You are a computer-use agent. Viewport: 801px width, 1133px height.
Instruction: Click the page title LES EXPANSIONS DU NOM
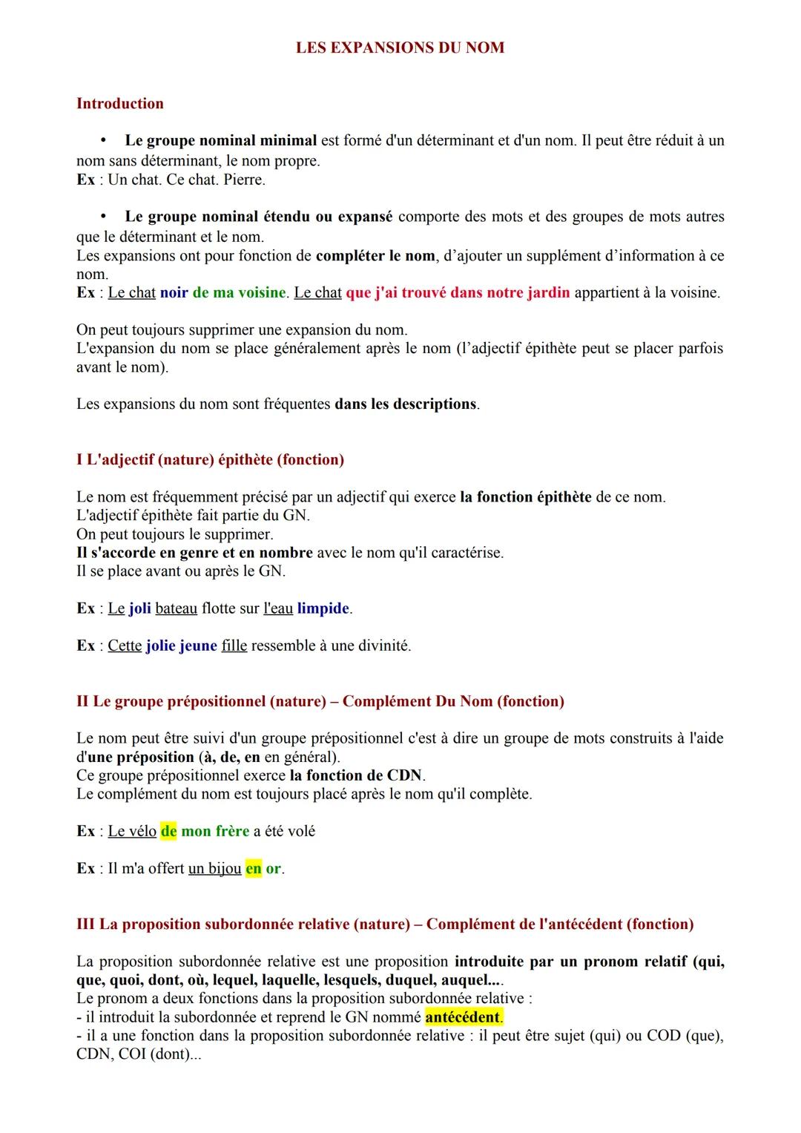coord(400,47)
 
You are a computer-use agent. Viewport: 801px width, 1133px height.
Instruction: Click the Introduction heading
coord(120,103)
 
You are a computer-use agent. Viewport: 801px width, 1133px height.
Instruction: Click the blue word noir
coord(174,292)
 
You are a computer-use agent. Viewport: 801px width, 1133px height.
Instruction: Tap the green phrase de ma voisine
coord(239,292)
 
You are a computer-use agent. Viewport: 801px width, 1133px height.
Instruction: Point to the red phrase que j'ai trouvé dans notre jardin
coord(458,292)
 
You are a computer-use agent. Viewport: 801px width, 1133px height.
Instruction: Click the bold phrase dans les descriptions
coord(406,404)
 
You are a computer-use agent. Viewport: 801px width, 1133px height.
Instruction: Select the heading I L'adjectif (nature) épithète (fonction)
coord(210,459)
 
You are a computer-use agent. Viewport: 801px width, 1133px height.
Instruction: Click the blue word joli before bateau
coord(139,608)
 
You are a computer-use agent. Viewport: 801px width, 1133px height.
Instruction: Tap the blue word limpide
coord(323,608)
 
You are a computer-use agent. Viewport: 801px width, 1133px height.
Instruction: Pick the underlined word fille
coord(234,646)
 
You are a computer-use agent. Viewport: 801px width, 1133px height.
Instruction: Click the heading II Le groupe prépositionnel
coord(320,701)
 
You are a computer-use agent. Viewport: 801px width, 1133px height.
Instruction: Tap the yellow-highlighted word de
coord(168,831)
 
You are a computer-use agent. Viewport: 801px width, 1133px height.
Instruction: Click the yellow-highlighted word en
coord(253,868)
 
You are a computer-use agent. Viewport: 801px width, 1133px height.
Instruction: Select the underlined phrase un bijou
coord(214,868)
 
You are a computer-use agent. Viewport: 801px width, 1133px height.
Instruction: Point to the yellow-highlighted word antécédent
coord(463,1017)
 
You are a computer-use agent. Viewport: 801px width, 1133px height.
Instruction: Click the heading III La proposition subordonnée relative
coord(385,924)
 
